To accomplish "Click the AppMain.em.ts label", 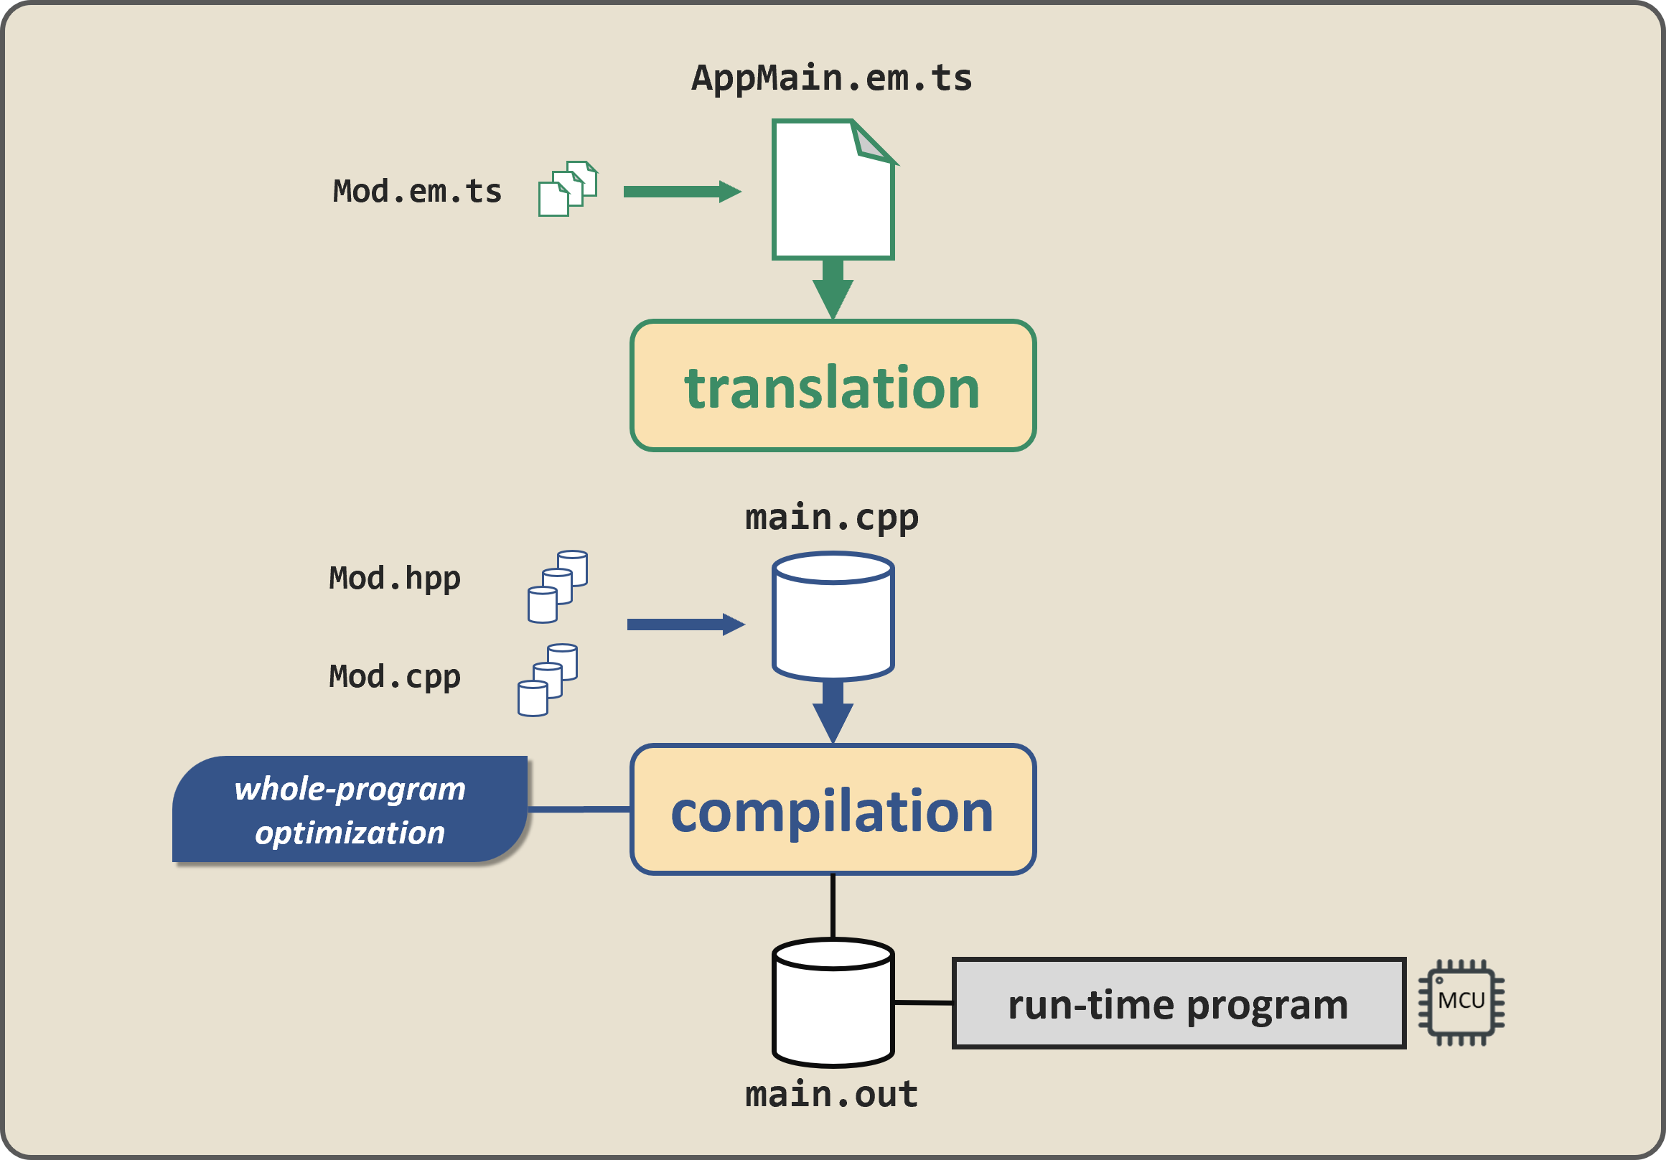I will tap(831, 78).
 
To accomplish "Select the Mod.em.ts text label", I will tap(417, 192).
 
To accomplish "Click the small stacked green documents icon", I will tap(568, 189).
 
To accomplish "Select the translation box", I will tap(832, 385).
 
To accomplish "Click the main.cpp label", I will tap(831, 518).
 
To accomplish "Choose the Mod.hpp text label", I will tap(395, 578).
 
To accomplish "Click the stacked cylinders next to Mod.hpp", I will tap(557, 586).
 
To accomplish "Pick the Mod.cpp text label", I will tap(395, 676).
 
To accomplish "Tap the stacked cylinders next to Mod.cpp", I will tap(547, 680).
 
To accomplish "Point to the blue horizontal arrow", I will tap(684, 625).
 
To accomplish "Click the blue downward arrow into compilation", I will tap(832, 714).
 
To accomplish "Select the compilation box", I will tap(832, 810).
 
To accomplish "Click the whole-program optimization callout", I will tap(350, 810).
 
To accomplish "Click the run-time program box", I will tap(1178, 1004).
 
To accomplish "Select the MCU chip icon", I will tap(1461, 1003).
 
